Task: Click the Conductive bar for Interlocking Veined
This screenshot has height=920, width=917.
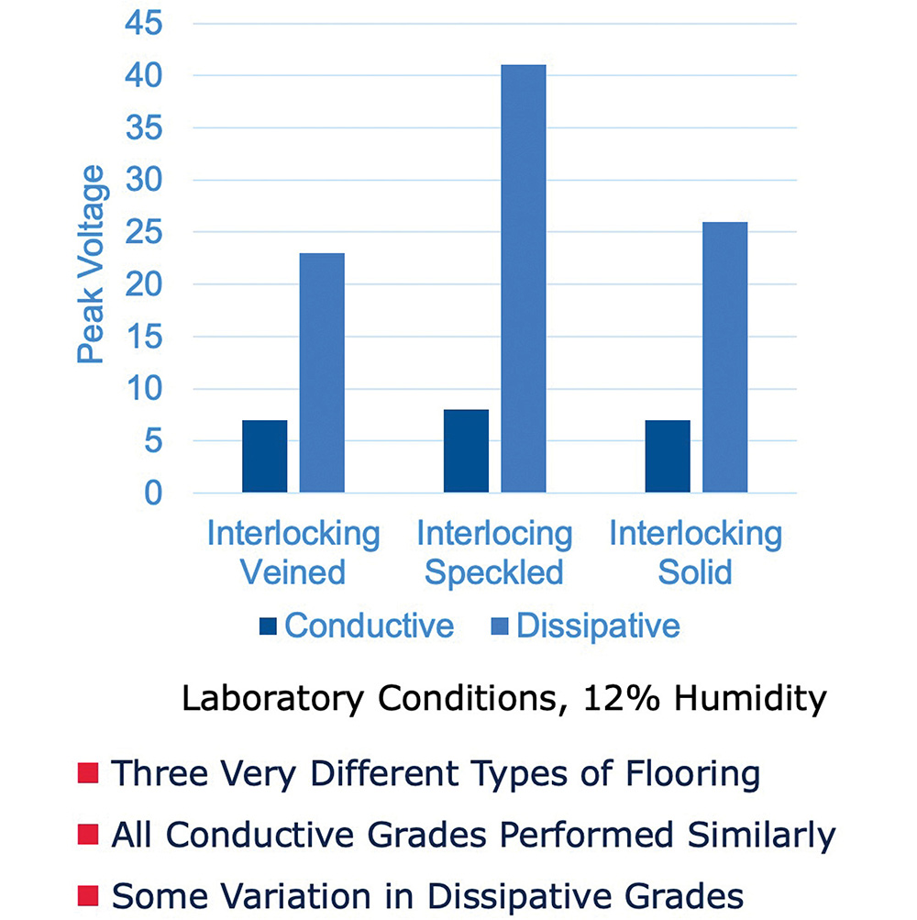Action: [x=265, y=456]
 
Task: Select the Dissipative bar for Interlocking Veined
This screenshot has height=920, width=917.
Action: [x=322, y=372]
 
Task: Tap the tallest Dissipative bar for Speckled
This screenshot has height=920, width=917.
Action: [x=524, y=279]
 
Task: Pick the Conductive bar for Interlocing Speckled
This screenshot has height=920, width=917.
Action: [x=466, y=450]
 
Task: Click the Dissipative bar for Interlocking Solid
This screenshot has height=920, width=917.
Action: [x=725, y=358]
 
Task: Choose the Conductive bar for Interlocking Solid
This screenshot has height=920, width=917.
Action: [x=668, y=456]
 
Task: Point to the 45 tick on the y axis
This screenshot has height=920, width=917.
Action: [x=144, y=24]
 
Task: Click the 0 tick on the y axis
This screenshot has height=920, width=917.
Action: [x=153, y=493]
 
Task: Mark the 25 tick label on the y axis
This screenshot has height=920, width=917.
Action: [x=144, y=232]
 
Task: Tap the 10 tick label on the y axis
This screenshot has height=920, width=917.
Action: [x=144, y=388]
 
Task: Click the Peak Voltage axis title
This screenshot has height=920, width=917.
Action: [x=91, y=264]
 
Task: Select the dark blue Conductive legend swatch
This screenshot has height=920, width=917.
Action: [x=268, y=626]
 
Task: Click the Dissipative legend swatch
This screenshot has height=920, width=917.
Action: [x=499, y=626]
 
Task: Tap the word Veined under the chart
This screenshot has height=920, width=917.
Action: [x=293, y=572]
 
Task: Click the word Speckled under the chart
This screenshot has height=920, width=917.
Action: [x=494, y=572]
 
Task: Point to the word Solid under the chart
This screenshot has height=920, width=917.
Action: [x=695, y=572]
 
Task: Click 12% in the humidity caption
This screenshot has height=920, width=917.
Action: [x=622, y=698]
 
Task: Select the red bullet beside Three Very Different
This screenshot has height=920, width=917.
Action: [x=88, y=772]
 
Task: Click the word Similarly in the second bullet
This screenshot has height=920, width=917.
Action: [x=761, y=835]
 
